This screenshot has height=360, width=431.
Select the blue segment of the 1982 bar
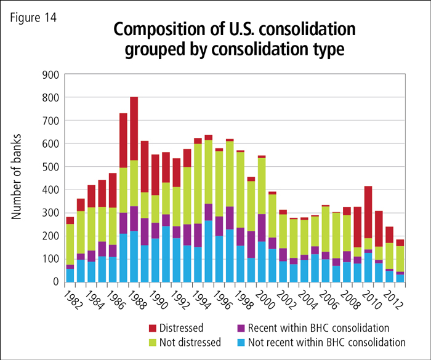coord(70,275)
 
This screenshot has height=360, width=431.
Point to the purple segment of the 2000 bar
coord(261,228)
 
